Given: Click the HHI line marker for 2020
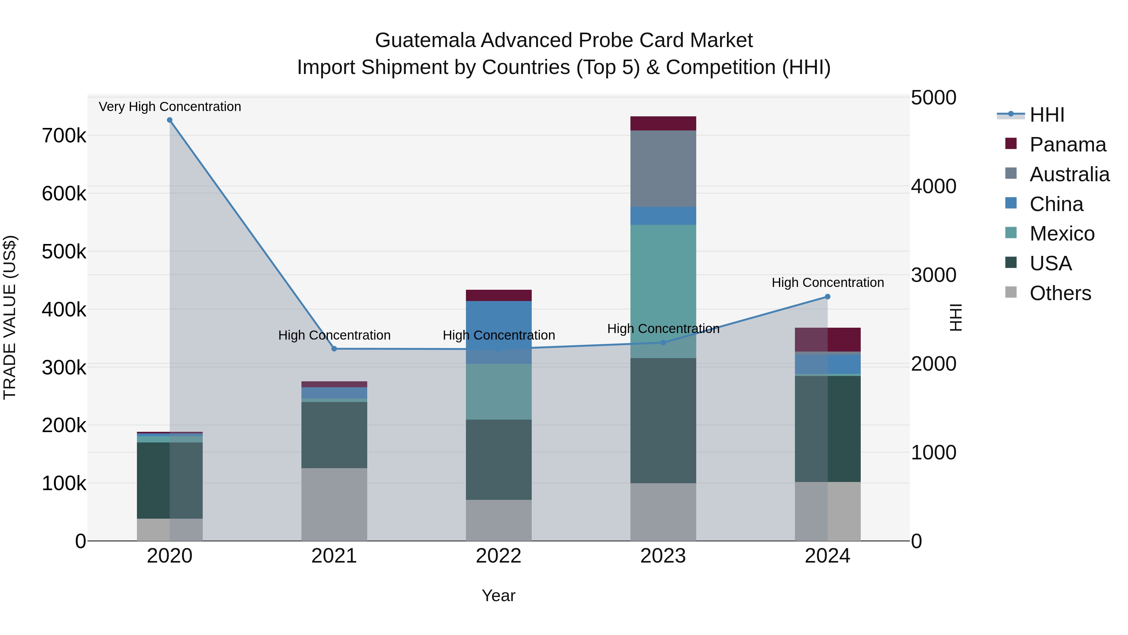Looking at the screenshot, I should [x=170, y=120].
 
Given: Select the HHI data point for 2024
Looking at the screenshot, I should [x=827, y=297].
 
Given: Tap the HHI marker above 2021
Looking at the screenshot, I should [x=334, y=349].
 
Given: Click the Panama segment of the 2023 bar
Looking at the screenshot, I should [x=663, y=124].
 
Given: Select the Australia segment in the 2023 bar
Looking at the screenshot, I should [x=663, y=169].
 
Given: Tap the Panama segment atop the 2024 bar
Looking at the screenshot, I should [x=827, y=340].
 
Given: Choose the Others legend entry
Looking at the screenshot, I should [x=1060, y=293].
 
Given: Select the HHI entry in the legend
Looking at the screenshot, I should [x=1047, y=115].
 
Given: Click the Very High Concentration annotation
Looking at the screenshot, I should [x=170, y=107].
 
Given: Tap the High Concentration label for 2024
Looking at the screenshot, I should [x=827, y=283].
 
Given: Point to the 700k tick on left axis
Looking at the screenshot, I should [x=64, y=136].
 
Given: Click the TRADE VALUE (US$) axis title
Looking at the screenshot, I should [x=10, y=317].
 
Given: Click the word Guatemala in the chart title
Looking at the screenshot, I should [x=425, y=40].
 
